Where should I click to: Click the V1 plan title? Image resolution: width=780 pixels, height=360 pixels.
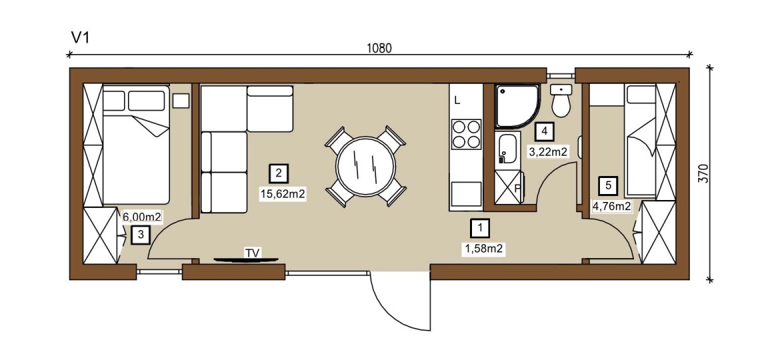[80, 38]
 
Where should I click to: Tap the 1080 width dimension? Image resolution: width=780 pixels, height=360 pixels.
[379, 48]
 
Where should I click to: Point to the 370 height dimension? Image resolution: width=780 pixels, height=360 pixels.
[703, 173]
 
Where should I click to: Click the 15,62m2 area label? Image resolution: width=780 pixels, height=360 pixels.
[282, 194]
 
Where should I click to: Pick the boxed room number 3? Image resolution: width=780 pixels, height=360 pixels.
[141, 235]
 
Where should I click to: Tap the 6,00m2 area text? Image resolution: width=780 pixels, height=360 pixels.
[143, 217]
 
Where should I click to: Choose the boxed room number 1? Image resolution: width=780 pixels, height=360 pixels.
[480, 228]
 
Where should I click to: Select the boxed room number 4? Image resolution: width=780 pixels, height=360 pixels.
[544, 132]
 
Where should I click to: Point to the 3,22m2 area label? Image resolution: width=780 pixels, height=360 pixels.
[548, 152]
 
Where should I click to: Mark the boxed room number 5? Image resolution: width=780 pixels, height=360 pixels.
[609, 186]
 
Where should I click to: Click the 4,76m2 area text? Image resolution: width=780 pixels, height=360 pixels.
[611, 206]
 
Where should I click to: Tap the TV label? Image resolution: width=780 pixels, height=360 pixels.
[252, 253]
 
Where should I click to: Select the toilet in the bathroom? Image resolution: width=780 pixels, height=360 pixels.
[561, 101]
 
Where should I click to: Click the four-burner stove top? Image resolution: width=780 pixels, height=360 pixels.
[466, 134]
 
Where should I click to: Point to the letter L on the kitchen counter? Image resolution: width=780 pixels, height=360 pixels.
[457, 101]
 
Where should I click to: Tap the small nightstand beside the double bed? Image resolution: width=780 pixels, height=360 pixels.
[181, 101]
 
